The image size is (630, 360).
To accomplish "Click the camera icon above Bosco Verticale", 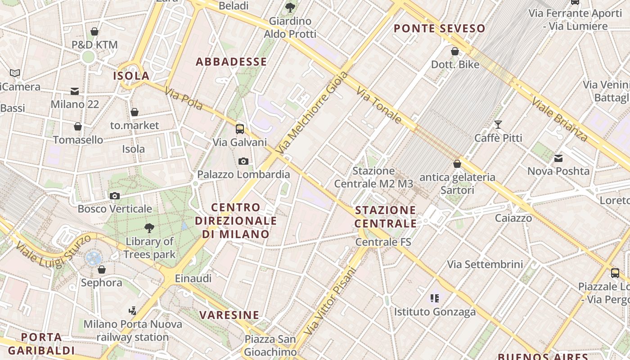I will click(x=115, y=196).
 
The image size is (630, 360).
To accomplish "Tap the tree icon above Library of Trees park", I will click(x=149, y=228).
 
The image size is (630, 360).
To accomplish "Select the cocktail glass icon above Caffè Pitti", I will click(x=498, y=125).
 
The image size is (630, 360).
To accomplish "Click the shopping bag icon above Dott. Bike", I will click(x=455, y=51).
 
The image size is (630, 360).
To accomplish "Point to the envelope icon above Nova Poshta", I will click(x=558, y=158).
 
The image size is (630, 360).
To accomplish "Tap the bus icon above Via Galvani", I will click(x=240, y=129).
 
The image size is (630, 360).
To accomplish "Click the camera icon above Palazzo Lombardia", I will click(x=243, y=161).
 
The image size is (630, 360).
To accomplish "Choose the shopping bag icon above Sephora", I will click(x=102, y=270).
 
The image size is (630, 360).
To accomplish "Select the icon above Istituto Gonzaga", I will click(x=435, y=298).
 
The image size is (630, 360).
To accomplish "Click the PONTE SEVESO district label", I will click(x=440, y=29).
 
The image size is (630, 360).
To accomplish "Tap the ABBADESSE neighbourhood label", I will click(x=231, y=62).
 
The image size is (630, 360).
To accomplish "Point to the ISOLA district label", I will click(x=131, y=76).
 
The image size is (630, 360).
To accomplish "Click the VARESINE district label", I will click(x=229, y=315).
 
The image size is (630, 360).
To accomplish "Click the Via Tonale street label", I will click(x=379, y=106).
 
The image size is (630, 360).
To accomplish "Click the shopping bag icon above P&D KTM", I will click(x=94, y=31).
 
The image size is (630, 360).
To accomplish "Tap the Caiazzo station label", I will click(x=513, y=218).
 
